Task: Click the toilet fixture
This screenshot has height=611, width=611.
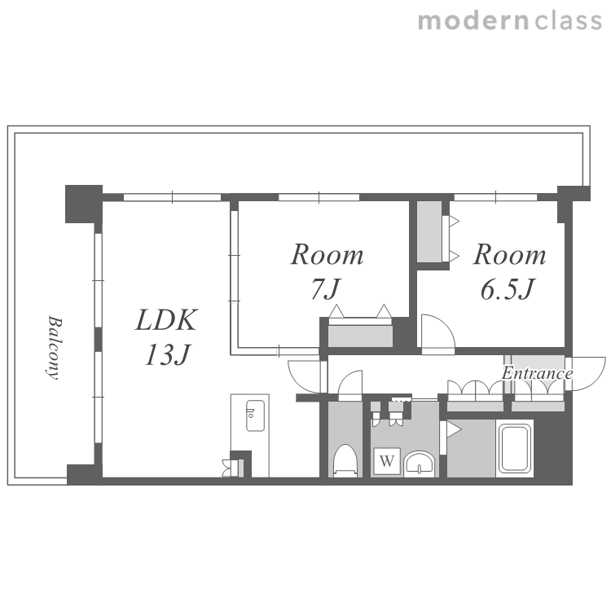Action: (345, 460)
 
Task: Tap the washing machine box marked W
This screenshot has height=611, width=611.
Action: (387, 461)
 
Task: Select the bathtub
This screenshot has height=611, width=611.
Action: (515, 449)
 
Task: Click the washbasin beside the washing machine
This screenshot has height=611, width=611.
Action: (419, 464)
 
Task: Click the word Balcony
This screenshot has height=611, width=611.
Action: (55, 347)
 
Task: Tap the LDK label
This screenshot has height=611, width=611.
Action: (166, 320)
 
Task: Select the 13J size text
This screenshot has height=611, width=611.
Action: (168, 354)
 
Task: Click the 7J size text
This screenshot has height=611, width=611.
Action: (326, 288)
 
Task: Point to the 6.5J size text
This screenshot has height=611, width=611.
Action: (508, 289)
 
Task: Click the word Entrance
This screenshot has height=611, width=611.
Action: (537, 373)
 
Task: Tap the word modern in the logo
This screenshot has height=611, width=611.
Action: (473, 20)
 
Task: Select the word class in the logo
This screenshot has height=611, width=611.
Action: (569, 20)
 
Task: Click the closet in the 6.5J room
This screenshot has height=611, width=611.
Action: (429, 231)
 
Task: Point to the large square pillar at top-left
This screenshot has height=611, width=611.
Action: (84, 204)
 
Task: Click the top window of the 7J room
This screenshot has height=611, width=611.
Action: (319, 197)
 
